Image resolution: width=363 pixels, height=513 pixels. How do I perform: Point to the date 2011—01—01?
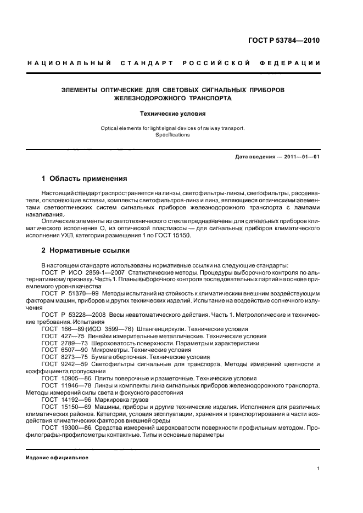(x=302, y=157)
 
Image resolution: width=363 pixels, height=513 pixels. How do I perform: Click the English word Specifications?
(x=172, y=135)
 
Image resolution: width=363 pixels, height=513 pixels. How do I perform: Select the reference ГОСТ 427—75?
(x=59, y=336)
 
